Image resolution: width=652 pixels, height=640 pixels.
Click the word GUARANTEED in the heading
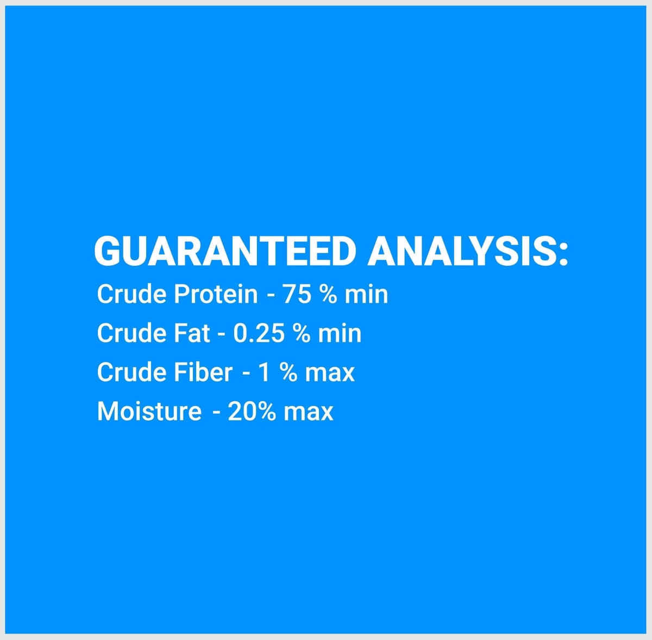pos(225,252)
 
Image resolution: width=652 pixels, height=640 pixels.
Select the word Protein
pos(216,294)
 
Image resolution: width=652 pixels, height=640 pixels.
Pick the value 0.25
pos(259,333)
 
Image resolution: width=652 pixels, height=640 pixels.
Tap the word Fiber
pos(203,372)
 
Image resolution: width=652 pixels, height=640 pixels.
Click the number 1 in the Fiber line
pos(264,372)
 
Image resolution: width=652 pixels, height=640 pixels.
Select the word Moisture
pos(149,412)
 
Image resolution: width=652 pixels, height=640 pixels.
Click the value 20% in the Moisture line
pos(252,412)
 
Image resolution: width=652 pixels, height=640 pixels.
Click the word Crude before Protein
pos(131,294)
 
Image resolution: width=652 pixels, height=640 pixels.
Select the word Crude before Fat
pos(131,333)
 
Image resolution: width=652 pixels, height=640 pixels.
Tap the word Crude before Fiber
pos(131,372)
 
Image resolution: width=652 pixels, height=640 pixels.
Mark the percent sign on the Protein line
pos(328,294)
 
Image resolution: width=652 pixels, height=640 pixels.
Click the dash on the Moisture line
pos(217,413)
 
